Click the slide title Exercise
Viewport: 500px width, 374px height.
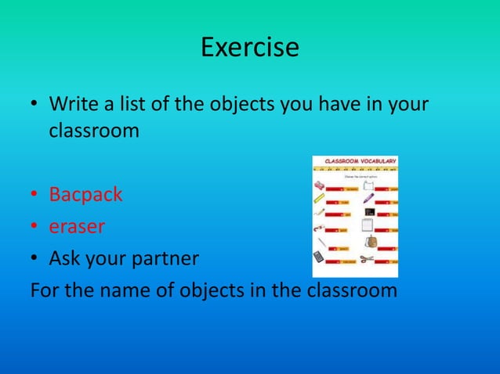pos(249,47)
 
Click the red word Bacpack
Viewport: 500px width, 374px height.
pos(85,194)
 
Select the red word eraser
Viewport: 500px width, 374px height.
pos(77,226)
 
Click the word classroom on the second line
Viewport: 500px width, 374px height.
pos(94,130)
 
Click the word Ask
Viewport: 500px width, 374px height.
pos(65,258)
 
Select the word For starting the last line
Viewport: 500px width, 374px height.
pos(45,290)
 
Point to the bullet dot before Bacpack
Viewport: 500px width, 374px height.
pos(35,195)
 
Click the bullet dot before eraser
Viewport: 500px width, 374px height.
pos(35,227)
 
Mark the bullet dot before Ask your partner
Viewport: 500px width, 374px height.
pos(35,259)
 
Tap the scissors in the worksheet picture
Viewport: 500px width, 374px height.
pos(368,258)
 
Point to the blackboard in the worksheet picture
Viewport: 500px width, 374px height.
pos(370,212)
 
